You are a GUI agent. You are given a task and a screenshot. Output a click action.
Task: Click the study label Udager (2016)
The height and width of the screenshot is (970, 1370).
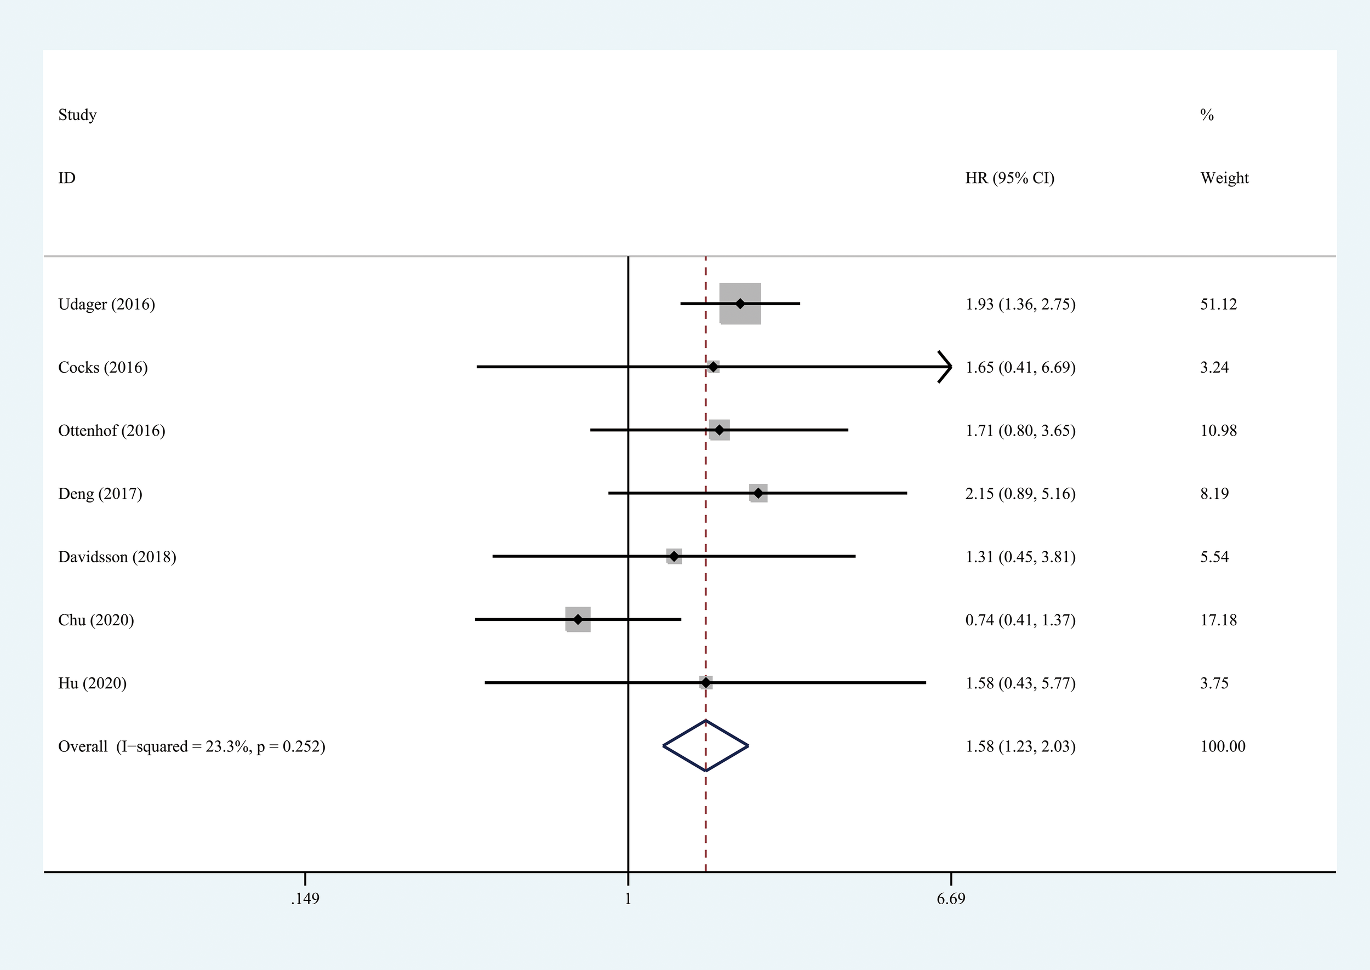(x=106, y=305)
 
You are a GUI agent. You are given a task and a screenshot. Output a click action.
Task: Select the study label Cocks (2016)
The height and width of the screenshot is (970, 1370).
(x=102, y=367)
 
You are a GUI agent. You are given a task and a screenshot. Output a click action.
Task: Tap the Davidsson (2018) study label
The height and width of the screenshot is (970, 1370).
(x=117, y=557)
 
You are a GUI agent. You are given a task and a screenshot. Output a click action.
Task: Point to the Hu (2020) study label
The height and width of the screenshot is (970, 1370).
(x=92, y=683)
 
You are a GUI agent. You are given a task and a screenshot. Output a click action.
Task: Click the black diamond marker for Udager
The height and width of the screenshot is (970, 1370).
(x=740, y=304)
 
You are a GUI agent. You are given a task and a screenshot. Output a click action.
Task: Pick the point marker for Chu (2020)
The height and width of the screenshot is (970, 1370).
(x=578, y=619)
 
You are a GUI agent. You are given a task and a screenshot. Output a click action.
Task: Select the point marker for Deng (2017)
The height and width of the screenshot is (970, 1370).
(x=758, y=493)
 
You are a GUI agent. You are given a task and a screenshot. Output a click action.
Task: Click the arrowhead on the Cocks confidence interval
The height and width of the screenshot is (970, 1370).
(x=945, y=367)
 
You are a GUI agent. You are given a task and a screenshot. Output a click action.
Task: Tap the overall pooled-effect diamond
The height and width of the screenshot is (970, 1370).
(x=706, y=745)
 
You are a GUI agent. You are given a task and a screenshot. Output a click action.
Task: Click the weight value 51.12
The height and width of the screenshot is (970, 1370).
(x=1218, y=305)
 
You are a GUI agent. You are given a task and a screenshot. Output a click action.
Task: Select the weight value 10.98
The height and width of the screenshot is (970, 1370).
(x=1218, y=431)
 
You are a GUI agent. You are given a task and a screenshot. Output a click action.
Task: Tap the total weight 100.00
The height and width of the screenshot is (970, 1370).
(x=1223, y=746)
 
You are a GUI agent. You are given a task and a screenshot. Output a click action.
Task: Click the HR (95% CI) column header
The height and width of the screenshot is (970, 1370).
(x=1009, y=178)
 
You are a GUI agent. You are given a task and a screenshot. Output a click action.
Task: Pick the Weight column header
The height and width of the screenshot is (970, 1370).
(x=1224, y=178)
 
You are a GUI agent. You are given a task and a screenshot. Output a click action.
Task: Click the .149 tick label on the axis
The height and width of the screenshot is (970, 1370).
(x=305, y=899)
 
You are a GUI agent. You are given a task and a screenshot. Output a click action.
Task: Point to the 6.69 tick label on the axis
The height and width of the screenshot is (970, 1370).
(x=951, y=899)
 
